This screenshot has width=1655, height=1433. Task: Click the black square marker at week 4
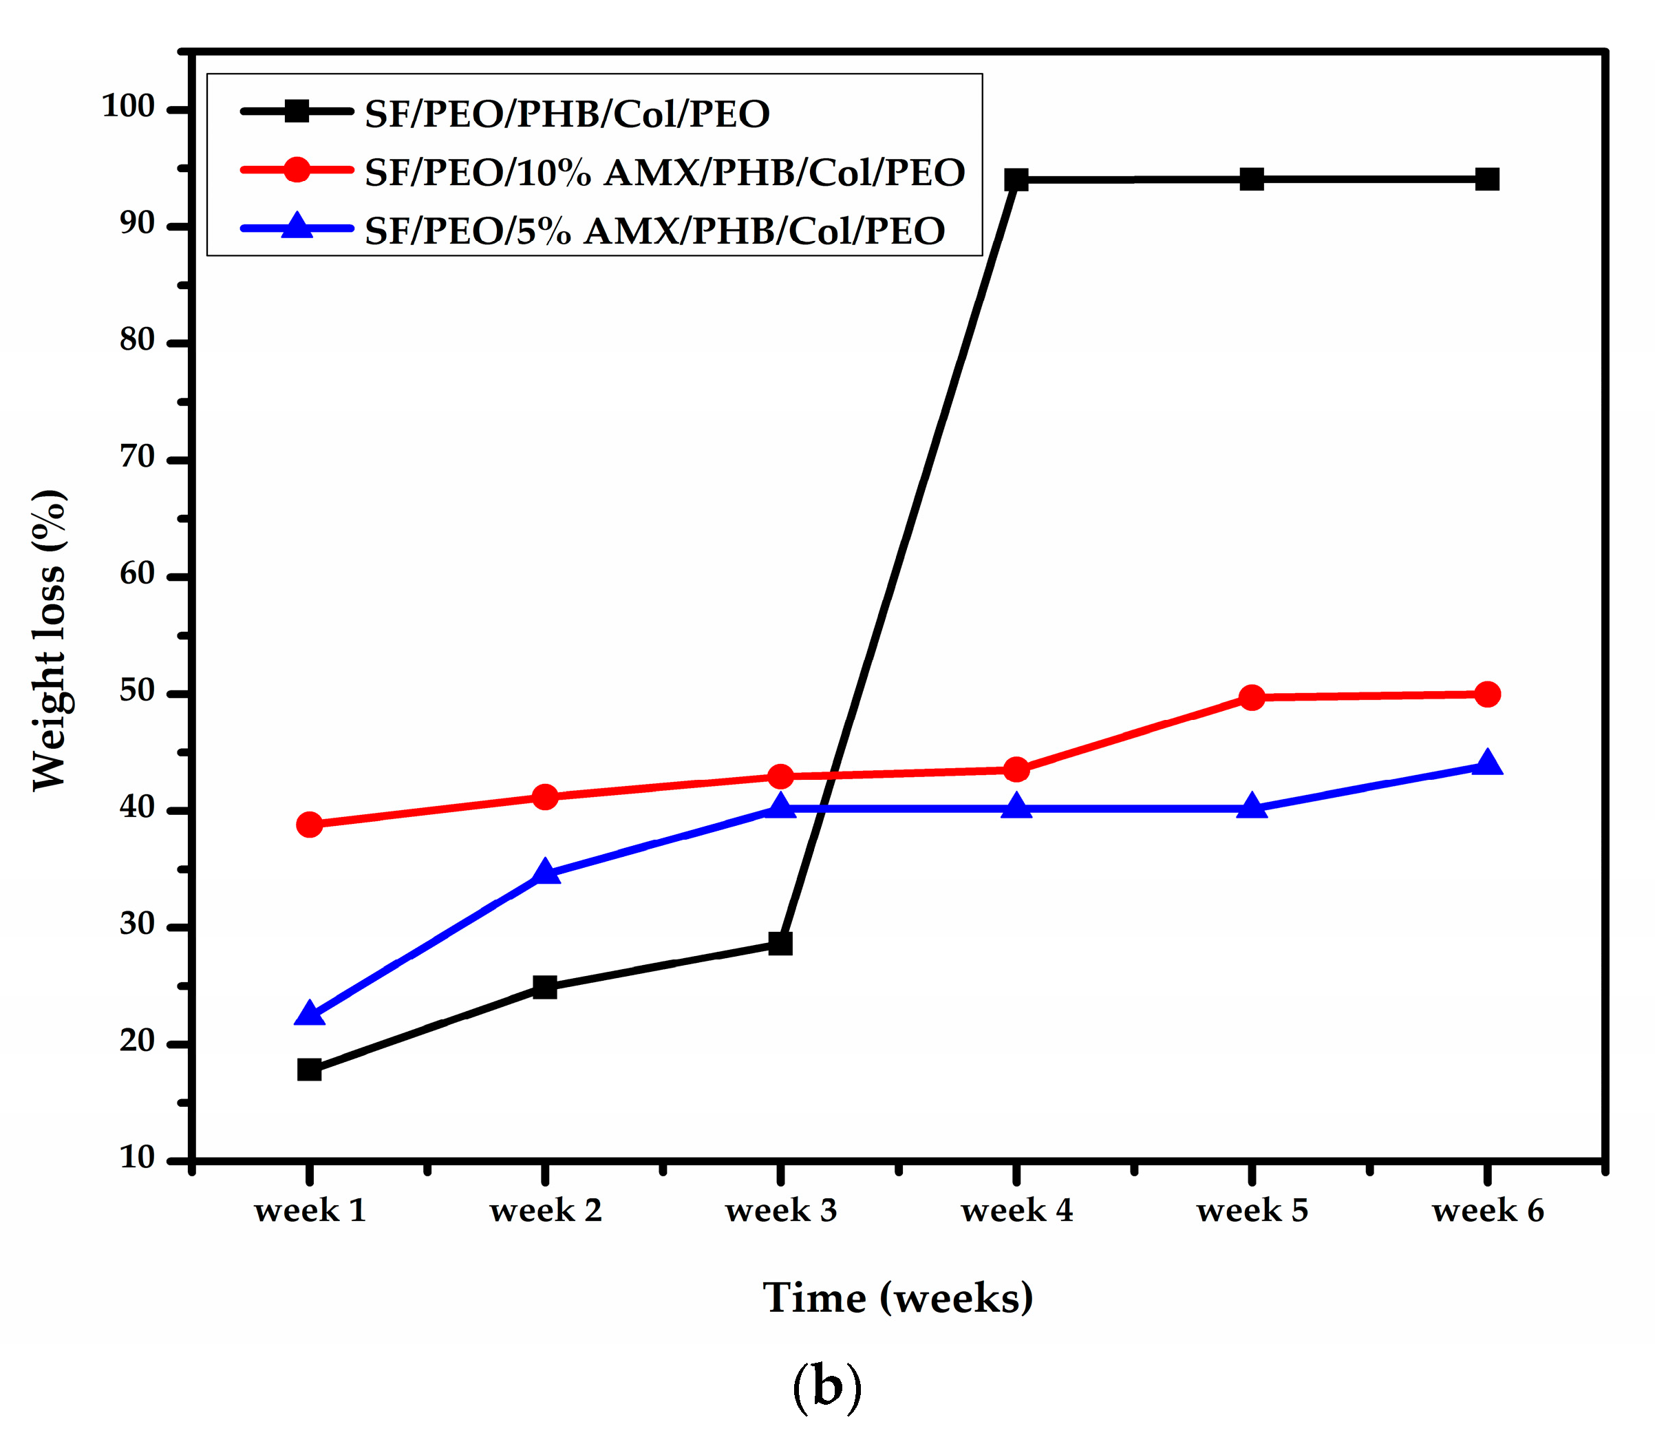coord(1016,179)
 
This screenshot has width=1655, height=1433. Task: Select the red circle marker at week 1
coord(310,824)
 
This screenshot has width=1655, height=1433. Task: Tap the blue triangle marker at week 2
coord(544,871)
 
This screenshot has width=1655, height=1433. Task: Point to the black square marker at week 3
coord(780,944)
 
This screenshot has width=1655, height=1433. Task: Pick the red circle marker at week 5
coord(1252,697)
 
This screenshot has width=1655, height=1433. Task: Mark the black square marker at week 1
coord(310,1069)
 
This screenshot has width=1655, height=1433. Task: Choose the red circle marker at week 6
coord(1487,694)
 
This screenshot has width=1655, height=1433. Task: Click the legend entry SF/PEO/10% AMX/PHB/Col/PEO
coord(664,172)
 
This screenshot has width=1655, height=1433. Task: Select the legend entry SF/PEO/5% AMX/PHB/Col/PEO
coord(654,231)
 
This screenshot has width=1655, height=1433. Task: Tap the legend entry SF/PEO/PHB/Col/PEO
coord(567,113)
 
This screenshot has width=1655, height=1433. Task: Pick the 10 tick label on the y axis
coord(137,1157)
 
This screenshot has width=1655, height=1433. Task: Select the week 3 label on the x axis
coord(780,1210)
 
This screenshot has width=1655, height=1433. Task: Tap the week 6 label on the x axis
coord(1487,1210)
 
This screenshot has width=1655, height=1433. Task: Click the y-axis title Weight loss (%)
coord(50,639)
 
